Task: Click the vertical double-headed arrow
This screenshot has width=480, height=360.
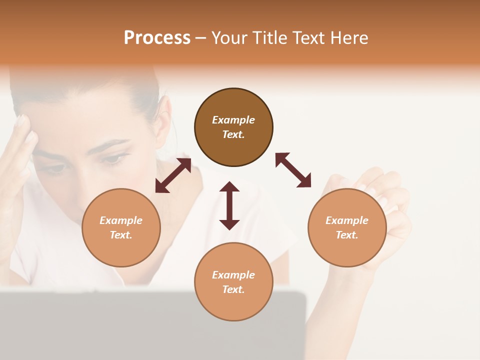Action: coord(229,205)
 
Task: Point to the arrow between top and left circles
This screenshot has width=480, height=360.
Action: coord(173,175)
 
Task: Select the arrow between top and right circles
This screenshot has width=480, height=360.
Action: coord(293,170)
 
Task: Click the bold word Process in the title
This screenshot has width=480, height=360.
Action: coord(157,37)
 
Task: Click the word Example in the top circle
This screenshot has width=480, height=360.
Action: coord(233,120)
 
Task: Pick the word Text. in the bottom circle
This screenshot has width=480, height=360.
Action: coord(233,289)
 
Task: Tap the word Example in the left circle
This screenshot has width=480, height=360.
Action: coord(121,220)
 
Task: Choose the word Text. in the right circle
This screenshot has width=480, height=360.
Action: coord(347,235)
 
